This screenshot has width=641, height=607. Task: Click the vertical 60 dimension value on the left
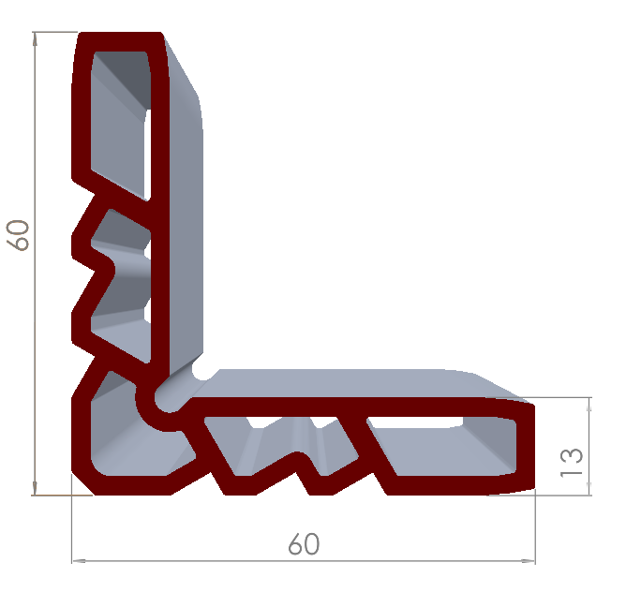tap(18, 235)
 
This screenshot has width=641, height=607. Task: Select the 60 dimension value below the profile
tap(304, 543)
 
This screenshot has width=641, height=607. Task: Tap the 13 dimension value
tap(571, 463)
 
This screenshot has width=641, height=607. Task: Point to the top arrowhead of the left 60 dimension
tap(35, 38)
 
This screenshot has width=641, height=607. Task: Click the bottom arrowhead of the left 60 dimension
tap(35, 488)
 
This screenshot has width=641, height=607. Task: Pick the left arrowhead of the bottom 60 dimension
tap(79, 561)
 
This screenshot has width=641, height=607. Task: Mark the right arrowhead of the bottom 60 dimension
tap(529, 561)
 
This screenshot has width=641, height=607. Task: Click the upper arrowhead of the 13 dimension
tap(589, 404)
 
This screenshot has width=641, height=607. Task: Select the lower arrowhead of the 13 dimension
tap(589, 488)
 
